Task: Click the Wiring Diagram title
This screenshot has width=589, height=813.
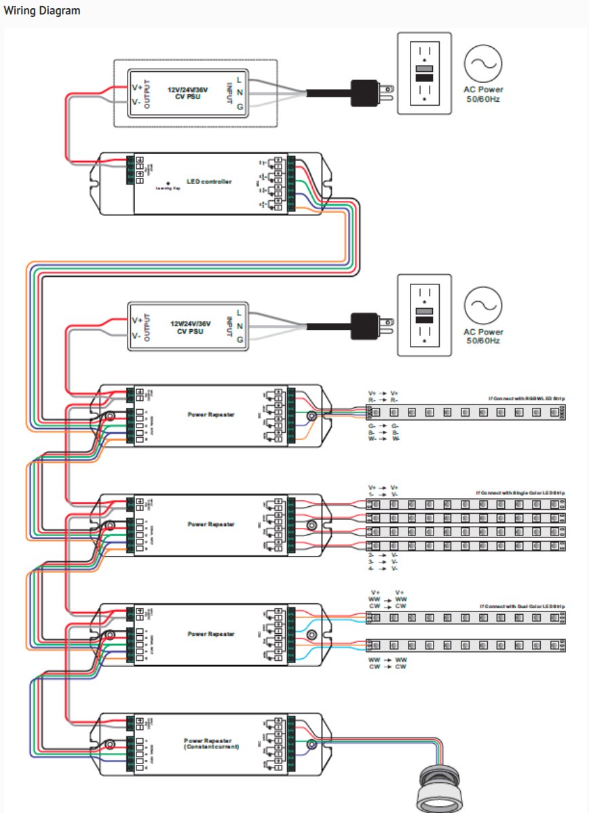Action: click(42, 11)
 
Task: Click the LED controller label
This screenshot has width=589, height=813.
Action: click(209, 181)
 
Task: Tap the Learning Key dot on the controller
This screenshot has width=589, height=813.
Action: click(168, 183)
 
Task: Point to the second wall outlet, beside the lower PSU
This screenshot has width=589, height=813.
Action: click(424, 314)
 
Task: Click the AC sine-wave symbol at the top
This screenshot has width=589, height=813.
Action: click(483, 63)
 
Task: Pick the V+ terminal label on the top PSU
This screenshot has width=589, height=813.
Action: click(136, 87)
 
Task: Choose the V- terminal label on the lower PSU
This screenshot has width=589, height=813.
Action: click(136, 335)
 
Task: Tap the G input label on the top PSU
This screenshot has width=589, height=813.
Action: click(240, 107)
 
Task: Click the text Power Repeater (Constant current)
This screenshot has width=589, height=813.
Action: click(209, 743)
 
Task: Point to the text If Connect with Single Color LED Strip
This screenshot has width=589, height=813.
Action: click(522, 492)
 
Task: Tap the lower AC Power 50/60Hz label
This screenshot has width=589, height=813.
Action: click(483, 335)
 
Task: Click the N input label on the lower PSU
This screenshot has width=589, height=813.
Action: click(240, 326)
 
